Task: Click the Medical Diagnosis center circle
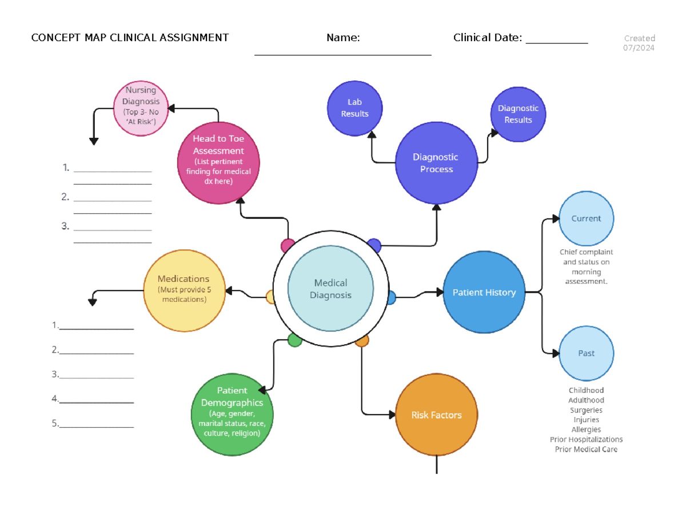(330, 289)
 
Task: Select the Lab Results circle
(354, 108)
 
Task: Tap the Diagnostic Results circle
(518, 114)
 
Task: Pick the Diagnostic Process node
(436, 162)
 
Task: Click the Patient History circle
(484, 292)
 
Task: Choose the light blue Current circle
(586, 218)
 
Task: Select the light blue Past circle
(586, 353)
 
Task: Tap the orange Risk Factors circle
(436, 415)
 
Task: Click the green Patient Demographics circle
(232, 415)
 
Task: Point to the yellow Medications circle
(184, 290)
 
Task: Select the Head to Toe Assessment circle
(218, 162)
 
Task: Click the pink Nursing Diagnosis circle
(141, 108)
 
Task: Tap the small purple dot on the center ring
(374, 246)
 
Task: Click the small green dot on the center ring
(294, 340)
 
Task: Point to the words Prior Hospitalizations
(586, 439)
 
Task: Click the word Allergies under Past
(586, 429)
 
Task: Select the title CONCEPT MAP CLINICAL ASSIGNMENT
(130, 38)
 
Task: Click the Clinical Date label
(487, 38)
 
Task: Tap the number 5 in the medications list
(55, 424)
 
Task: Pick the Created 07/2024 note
(639, 43)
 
